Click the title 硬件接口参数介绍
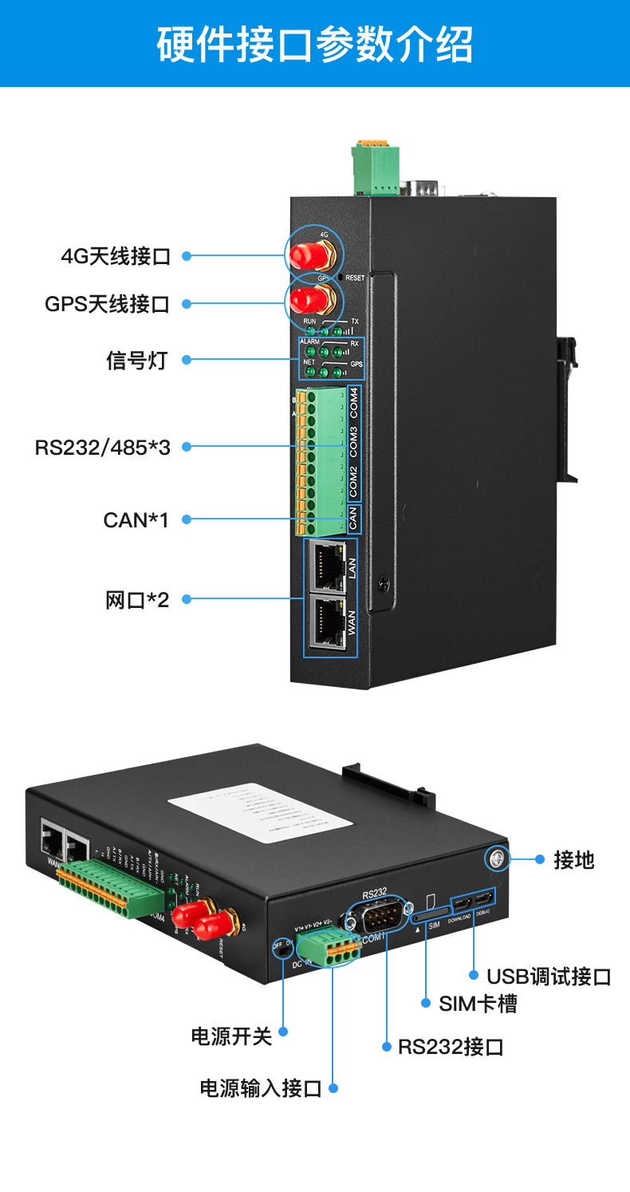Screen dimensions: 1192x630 (315, 44)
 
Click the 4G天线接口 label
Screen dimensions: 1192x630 (116, 256)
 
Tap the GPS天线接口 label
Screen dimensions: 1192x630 (107, 304)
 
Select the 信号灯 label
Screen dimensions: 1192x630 (136, 360)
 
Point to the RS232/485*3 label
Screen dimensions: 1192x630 (102, 447)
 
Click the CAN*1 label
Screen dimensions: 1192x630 (136, 520)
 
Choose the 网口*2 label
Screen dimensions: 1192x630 (137, 599)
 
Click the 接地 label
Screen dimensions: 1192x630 (574, 859)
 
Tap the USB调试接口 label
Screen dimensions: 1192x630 (549, 976)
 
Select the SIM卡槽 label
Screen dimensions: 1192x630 (478, 1004)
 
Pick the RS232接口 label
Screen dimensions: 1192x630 (451, 1047)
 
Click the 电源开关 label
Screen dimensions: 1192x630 (231, 1036)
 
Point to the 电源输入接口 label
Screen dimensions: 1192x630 (260, 1087)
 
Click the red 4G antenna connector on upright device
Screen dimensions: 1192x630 (309, 255)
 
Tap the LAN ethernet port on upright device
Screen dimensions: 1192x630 (327, 563)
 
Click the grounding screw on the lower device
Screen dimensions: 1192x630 (496, 859)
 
